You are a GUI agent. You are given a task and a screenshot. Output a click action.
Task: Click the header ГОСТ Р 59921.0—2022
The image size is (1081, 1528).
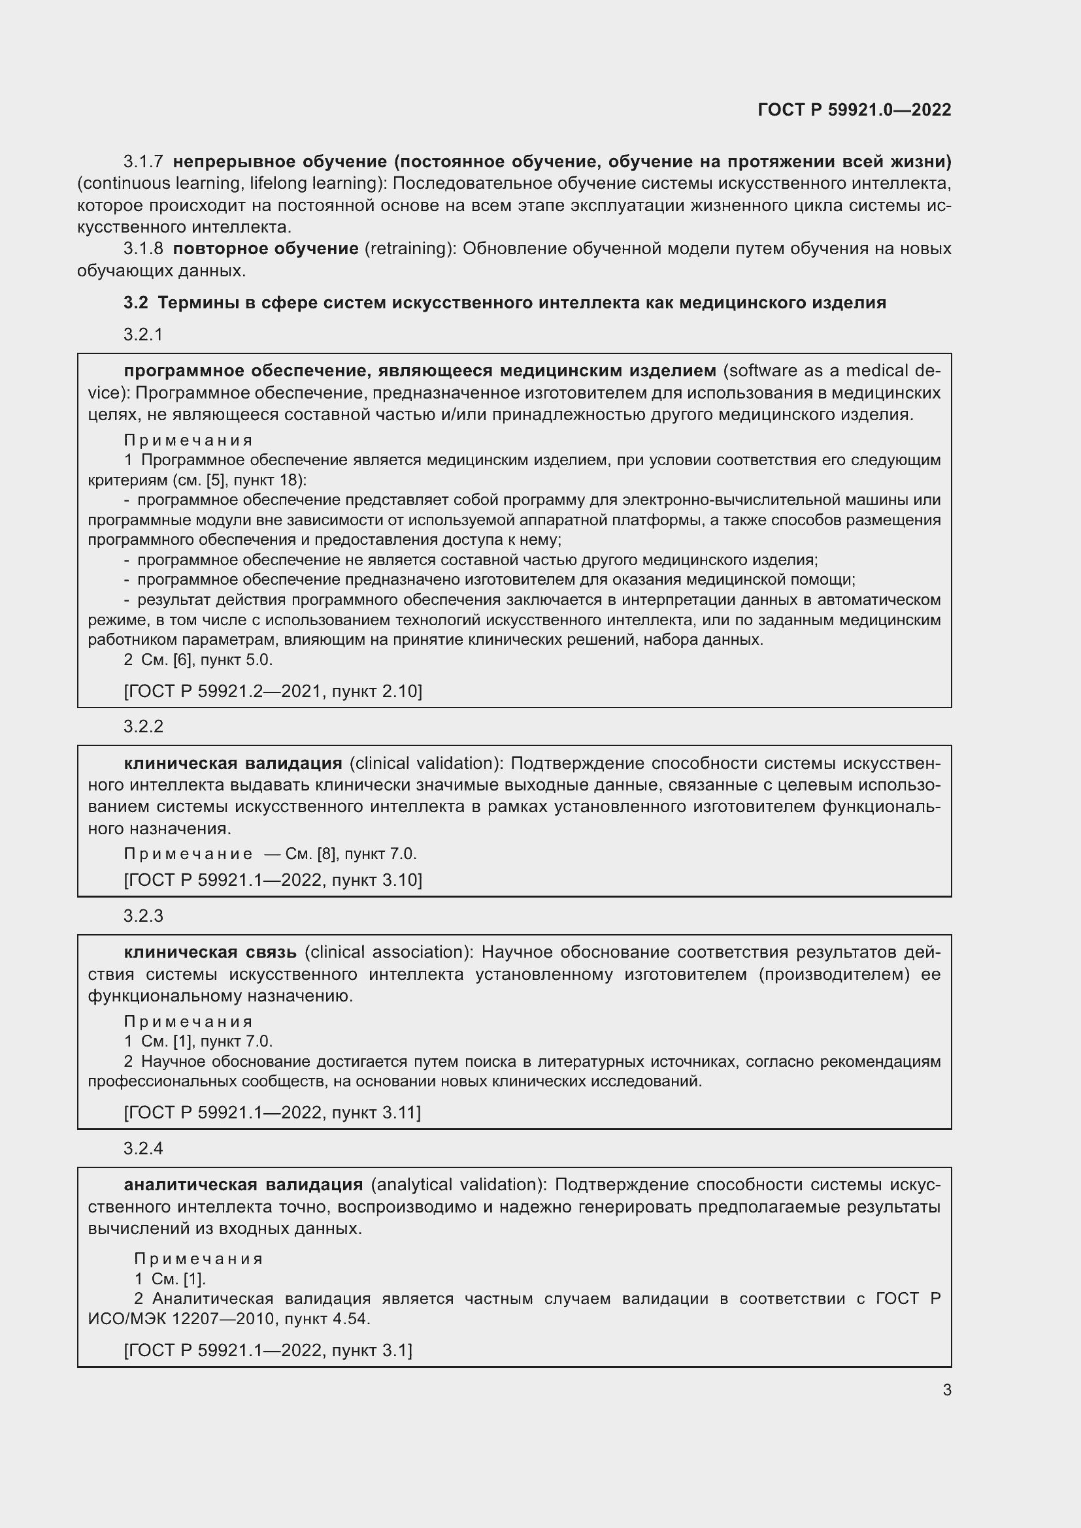(x=854, y=110)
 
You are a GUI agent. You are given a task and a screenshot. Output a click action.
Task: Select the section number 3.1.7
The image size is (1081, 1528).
(x=143, y=162)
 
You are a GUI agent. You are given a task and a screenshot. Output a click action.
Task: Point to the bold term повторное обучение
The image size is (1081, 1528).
(x=265, y=249)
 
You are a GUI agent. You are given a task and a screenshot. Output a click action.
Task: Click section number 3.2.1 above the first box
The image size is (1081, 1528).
(x=143, y=334)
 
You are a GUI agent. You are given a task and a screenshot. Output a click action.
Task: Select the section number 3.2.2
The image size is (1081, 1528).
(x=143, y=726)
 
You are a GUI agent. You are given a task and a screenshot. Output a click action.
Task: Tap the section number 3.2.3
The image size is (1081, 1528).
(x=143, y=917)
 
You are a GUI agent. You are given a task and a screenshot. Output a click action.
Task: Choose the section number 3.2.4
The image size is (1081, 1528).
(x=143, y=1148)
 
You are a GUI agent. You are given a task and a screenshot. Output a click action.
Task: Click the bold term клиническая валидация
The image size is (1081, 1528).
(x=233, y=763)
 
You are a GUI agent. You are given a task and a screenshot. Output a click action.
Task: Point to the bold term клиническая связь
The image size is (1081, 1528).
(x=210, y=952)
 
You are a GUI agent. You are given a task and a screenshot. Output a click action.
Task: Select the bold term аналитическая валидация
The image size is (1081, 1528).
(x=244, y=1184)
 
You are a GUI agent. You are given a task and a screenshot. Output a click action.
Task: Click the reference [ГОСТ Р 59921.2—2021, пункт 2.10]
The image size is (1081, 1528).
(x=273, y=691)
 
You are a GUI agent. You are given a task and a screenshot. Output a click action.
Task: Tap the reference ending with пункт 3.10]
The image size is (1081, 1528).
(x=273, y=881)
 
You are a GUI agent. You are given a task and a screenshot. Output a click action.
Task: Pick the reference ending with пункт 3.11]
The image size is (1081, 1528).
(x=273, y=1113)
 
